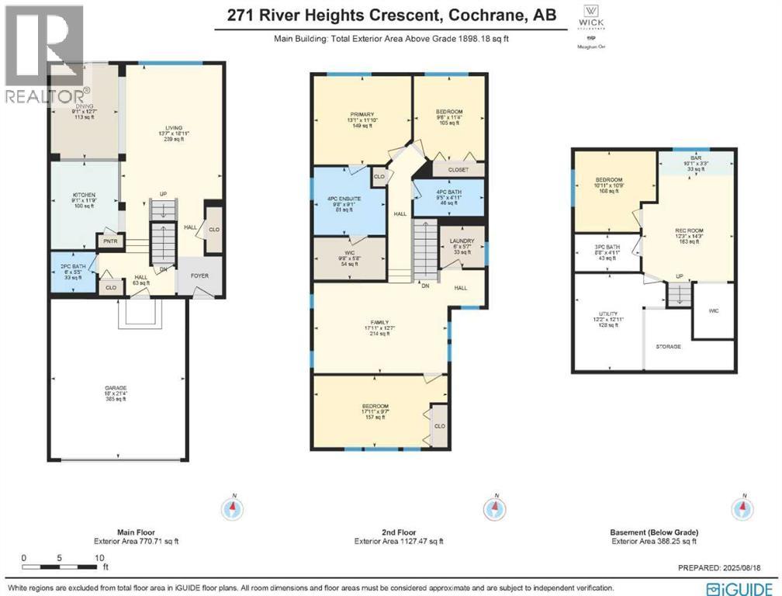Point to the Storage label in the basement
(668, 346)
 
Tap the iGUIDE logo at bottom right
(745, 587)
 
